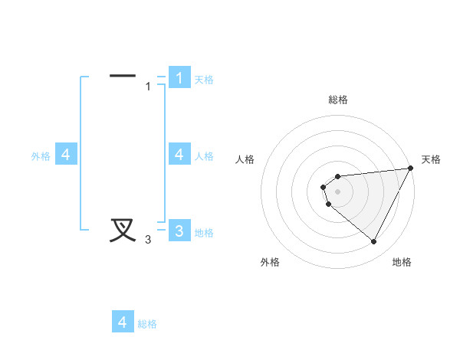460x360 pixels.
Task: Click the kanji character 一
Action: (123, 76)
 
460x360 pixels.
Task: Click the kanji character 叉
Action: (123, 230)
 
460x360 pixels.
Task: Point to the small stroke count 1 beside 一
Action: (148, 87)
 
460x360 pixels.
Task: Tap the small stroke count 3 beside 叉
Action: (148, 240)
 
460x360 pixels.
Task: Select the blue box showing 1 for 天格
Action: (179, 77)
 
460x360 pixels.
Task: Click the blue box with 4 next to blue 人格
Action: (179, 155)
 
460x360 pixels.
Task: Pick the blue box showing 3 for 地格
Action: (179, 231)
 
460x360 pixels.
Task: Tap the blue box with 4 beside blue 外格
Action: (66, 155)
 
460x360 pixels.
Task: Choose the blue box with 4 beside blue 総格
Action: (123, 322)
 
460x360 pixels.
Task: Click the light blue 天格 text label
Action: (204, 80)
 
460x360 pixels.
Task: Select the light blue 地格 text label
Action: (204, 233)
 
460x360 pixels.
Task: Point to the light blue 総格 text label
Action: (147, 324)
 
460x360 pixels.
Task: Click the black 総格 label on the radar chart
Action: (338, 100)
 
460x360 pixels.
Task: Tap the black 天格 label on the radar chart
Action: (432, 159)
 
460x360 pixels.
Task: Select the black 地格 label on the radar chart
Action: (402, 262)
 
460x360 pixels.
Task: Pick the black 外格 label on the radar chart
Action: (270, 262)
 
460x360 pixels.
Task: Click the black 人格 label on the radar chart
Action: (245, 159)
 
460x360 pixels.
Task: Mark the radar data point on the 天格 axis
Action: (411, 169)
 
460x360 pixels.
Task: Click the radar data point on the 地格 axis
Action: (374, 242)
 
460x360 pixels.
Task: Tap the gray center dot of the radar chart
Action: (337, 192)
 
